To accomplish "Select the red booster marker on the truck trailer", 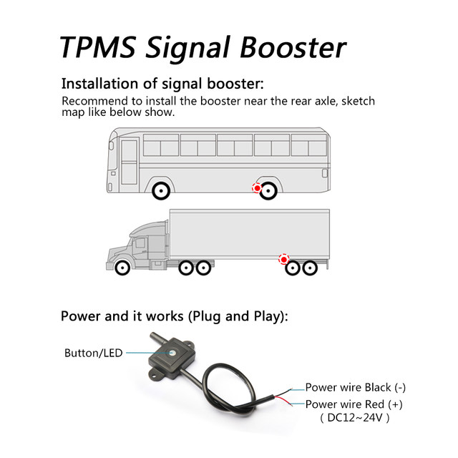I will pos(283,258).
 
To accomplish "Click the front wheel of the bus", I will pos(160,191).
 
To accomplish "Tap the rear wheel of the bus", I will pos(269,191).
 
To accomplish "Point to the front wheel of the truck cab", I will pos(122,268).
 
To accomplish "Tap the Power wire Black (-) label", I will pos(356,387).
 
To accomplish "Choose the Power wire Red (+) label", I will pos(354,404).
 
